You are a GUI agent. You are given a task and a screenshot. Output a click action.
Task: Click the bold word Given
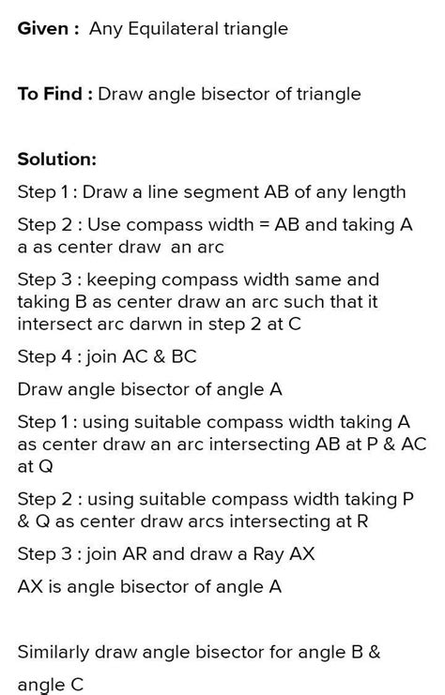coord(41,29)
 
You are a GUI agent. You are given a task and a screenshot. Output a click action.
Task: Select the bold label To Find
coord(52,94)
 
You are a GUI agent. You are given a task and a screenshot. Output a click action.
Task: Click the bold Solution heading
coord(56,159)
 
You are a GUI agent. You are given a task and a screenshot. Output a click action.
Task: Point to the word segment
coord(219,192)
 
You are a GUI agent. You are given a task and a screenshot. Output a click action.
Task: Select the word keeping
coord(131,280)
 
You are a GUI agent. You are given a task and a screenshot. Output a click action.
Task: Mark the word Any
coord(105,29)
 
